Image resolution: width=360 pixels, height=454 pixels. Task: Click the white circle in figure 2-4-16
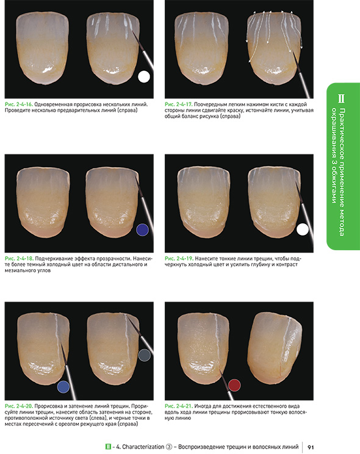[144, 77]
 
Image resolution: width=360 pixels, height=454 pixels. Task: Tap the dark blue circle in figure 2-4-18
[143, 229]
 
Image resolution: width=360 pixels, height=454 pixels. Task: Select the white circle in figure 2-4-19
[303, 229]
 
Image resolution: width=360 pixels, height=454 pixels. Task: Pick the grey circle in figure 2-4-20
[145, 355]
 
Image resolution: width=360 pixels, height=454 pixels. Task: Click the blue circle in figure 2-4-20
[63, 387]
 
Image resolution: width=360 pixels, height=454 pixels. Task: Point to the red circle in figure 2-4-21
[234, 385]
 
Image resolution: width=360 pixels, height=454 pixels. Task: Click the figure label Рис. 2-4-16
[19, 104]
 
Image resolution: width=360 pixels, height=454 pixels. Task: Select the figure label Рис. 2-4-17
[179, 104]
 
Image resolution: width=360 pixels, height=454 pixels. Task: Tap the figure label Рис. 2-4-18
[19, 258]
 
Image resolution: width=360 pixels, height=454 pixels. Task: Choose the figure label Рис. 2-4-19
[179, 258]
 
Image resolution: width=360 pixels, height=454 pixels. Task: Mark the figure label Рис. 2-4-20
[19, 406]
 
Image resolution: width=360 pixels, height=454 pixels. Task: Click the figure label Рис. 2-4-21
[179, 406]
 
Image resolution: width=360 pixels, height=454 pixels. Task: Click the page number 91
[311, 447]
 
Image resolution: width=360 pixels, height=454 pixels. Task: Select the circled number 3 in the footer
[169, 447]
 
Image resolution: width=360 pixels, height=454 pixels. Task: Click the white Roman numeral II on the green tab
[341, 98]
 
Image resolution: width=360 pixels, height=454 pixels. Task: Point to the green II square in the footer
[109, 447]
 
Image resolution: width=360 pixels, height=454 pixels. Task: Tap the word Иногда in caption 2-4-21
[203, 406]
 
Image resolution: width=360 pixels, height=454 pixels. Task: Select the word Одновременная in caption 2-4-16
[53, 104]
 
